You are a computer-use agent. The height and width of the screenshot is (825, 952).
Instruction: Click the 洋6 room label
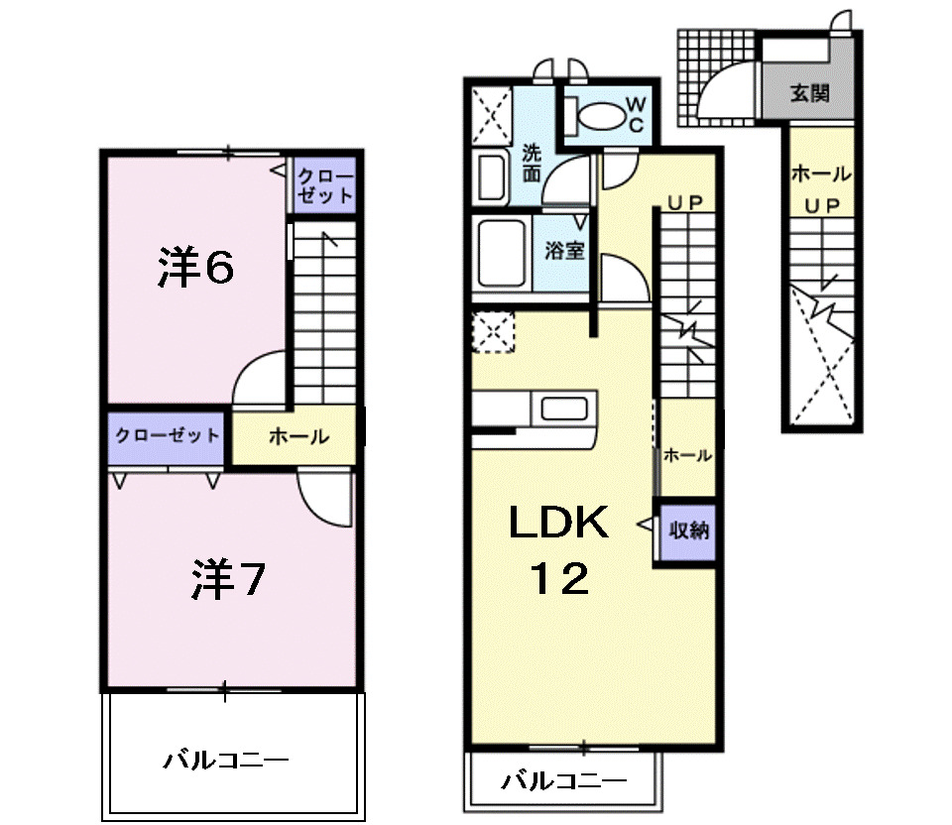pos(196,267)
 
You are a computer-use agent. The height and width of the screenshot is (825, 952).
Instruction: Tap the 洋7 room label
pos(227,581)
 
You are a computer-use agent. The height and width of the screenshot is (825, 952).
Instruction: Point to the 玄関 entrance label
pos(809,94)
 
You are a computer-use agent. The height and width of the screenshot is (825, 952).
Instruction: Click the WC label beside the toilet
pos(636,113)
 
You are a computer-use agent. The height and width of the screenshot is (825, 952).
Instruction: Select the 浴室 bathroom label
pos(563,250)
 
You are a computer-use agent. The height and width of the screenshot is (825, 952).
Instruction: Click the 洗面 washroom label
pos(532,165)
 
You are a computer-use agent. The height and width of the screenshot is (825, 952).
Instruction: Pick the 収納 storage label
pos(688,530)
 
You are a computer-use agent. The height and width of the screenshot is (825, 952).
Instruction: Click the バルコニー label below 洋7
pos(226,762)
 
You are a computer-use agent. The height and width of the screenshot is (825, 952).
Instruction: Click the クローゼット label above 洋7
pos(167,436)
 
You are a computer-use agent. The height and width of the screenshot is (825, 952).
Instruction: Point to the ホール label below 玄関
pos(820,175)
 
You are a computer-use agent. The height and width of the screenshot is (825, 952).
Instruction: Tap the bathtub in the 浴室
pos(502,252)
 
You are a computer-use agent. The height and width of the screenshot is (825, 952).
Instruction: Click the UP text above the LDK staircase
pos(684,202)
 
